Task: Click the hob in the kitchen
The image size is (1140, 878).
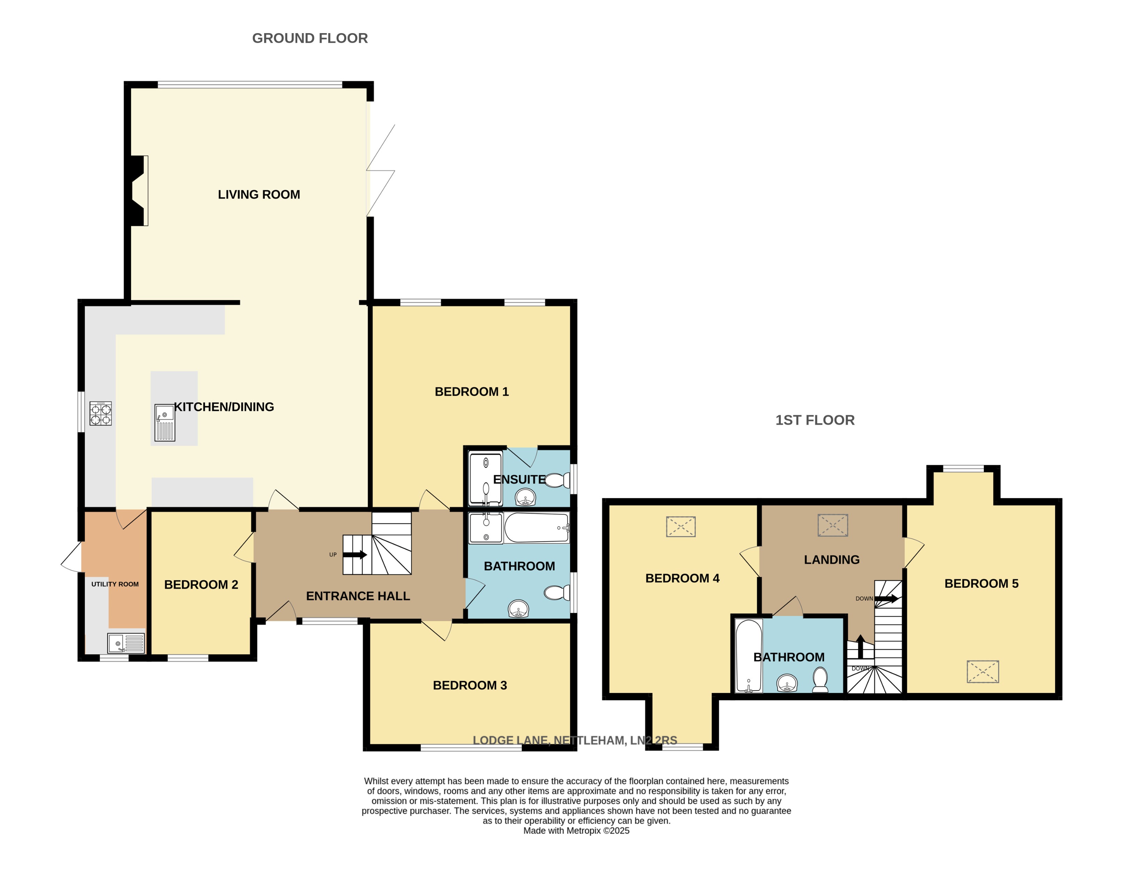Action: [x=100, y=414]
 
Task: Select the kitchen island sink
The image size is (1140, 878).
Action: [x=164, y=423]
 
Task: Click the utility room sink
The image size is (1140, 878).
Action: [x=126, y=643]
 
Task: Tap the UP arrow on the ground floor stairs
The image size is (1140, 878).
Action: [x=355, y=555]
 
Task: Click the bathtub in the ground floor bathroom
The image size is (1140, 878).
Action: [x=536, y=528]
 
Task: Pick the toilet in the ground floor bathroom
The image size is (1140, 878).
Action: [x=557, y=593]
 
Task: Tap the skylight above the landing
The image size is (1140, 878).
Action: [x=833, y=525]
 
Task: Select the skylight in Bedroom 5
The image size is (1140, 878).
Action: [x=983, y=672]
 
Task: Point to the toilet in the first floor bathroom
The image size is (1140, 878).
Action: [x=820, y=680]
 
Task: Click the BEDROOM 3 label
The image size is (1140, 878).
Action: [x=469, y=685]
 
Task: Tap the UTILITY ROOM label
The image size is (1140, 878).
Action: [x=115, y=584]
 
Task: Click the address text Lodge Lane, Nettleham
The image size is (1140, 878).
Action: [x=574, y=740]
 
